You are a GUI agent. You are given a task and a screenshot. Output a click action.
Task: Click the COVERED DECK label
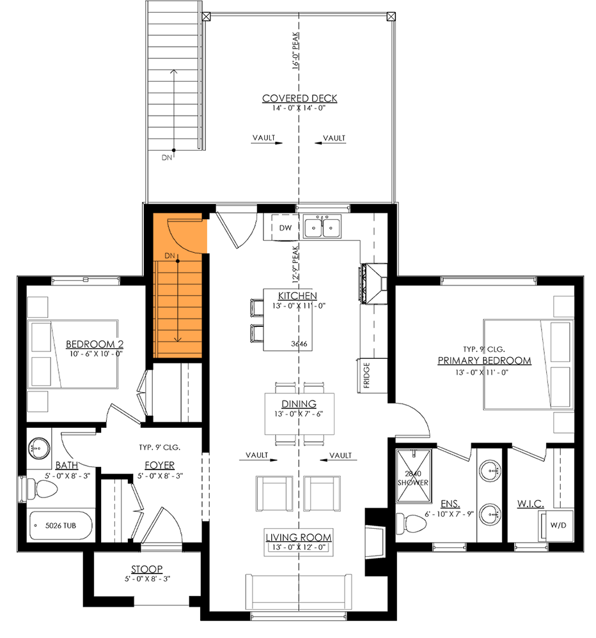coord(299,98)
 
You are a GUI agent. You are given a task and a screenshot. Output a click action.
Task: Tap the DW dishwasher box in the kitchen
coord(286,228)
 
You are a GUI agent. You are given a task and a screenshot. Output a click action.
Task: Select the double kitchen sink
coord(322,227)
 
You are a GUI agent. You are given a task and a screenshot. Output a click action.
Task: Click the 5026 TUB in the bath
coord(61,528)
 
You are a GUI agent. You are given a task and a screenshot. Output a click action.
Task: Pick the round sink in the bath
coord(39,447)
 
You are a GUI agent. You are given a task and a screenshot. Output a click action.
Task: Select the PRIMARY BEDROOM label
coord(484,361)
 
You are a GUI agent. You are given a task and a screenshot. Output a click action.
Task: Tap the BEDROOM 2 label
coord(94,344)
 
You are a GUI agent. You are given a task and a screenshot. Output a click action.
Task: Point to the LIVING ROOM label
coord(299,538)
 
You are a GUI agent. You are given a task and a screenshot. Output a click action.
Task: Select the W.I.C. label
coord(530,505)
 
